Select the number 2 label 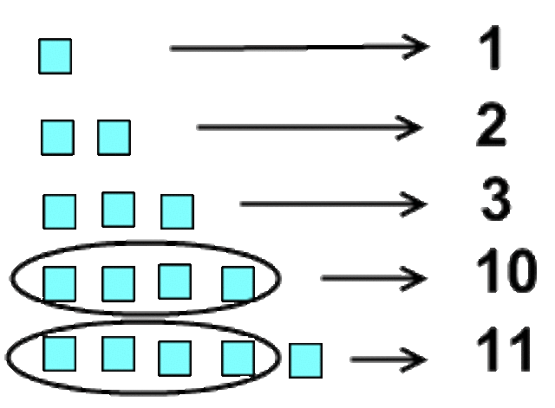tap(490, 127)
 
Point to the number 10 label tap(506, 274)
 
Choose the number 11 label tap(504, 353)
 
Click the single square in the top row tap(55, 56)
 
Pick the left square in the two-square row tap(57, 137)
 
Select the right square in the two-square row tap(114, 137)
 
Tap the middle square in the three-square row tap(118, 209)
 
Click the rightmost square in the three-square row tap(176, 211)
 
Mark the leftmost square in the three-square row tap(60, 211)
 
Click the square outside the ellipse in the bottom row tap(305, 359)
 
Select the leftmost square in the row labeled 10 tap(60, 282)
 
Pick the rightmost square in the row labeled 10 tap(238, 282)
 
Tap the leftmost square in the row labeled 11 tap(60, 353)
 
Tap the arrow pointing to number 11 tap(388, 359)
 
